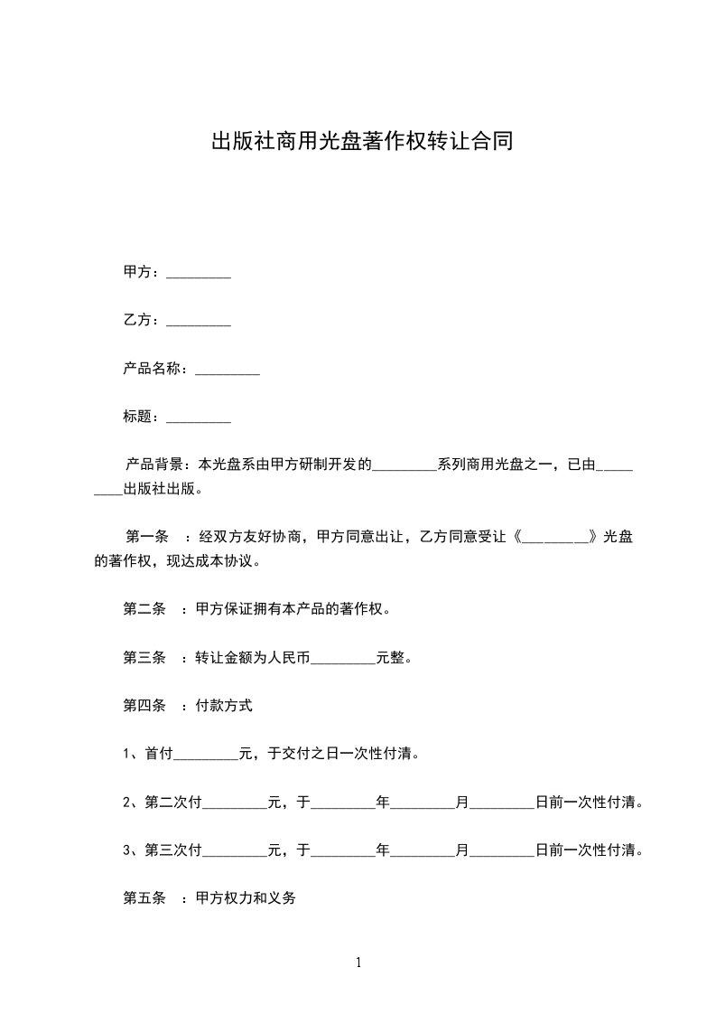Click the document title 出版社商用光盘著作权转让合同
point(362,142)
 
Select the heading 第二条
point(144,609)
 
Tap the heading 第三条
point(144,658)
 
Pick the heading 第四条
point(144,706)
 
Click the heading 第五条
point(144,899)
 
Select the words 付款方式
point(223,706)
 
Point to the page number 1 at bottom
point(358,963)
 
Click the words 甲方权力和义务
point(246,899)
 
